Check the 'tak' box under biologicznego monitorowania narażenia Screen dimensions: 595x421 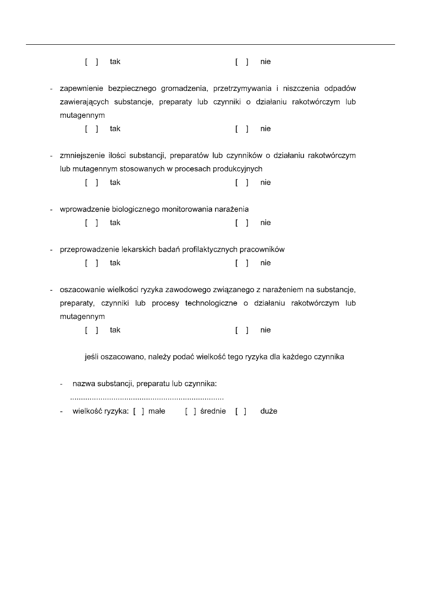coord(91,223)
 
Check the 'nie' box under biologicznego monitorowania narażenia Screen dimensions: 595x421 coord(242,223)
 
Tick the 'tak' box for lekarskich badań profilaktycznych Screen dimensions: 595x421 coord(91,263)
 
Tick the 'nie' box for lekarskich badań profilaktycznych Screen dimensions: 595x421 coord(242,263)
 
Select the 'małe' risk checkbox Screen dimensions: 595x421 coord(139,411)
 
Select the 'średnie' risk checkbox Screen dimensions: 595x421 coord(190,411)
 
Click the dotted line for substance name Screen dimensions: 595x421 coord(147,399)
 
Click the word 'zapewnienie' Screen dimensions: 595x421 coord(82,89)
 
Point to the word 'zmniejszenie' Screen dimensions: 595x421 coord(83,155)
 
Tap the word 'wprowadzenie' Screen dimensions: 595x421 coord(83,209)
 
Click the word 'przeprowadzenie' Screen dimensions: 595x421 coord(88,249)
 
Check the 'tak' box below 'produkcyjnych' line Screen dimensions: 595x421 coord(91,182)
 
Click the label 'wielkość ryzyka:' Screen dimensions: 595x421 coord(100,411)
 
